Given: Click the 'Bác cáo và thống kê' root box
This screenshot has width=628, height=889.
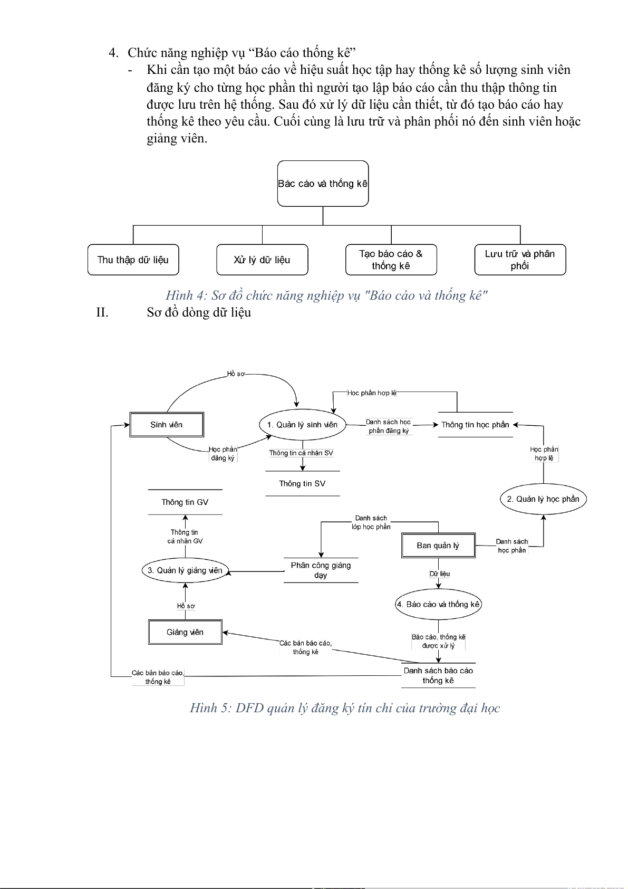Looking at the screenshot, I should point(323,184).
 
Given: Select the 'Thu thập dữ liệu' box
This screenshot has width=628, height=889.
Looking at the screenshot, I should point(133,260).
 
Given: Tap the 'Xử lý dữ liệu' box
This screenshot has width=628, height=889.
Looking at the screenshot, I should point(262,260).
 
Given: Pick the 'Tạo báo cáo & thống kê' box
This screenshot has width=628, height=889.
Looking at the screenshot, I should point(391,260).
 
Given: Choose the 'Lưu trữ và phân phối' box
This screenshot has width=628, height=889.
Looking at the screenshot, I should point(520,260).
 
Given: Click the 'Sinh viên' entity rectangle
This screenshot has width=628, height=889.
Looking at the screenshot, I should point(167,425).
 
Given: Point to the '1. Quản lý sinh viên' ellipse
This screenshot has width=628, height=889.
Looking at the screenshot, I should point(302,425).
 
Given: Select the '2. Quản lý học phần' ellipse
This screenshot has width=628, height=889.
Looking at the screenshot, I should point(543,499).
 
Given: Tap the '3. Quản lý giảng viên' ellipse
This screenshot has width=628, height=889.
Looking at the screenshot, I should point(185,570).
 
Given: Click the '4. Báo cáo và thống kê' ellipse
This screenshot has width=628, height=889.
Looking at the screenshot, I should point(438,605).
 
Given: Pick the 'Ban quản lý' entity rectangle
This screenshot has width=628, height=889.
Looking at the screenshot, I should point(438,546).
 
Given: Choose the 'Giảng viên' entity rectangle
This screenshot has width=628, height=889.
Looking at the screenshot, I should point(185,632).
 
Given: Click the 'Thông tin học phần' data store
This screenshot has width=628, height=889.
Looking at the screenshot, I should point(475,425).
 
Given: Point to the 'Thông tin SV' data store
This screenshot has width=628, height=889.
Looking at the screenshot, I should point(302,484).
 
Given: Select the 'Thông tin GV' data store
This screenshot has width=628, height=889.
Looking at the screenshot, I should point(185,502).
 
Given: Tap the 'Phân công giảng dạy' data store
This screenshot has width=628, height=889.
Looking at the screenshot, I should point(321,570).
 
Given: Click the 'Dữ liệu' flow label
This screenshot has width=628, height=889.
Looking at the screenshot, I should point(440,574).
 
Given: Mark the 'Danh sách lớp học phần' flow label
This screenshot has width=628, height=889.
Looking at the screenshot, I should point(371,522).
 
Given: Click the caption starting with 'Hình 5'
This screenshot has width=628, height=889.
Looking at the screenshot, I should point(345,708).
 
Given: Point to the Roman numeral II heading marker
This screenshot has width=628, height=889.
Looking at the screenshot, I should point(102,312).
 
